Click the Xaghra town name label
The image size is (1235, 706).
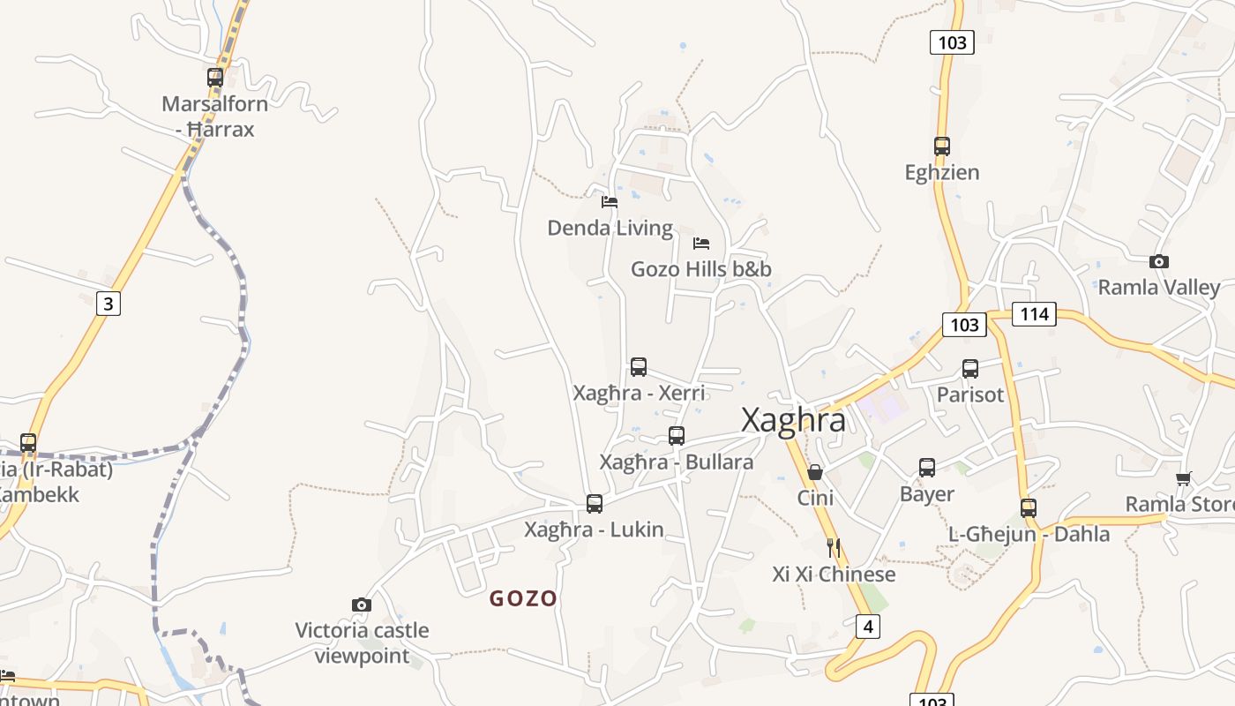(x=793, y=420)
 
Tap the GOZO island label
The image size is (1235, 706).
(x=523, y=598)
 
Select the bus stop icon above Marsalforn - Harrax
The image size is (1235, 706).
(x=215, y=77)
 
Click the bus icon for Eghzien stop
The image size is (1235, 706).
(x=942, y=146)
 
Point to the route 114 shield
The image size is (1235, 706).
(x=1033, y=313)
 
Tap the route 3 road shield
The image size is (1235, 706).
(x=108, y=304)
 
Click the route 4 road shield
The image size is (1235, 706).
(x=868, y=627)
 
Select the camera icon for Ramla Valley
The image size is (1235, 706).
(x=1159, y=261)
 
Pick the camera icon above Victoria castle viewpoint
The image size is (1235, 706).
(x=361, y=605)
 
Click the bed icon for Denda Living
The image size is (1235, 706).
(x=609, y=201)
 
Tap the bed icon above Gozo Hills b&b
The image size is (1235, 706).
(x=701, y=243)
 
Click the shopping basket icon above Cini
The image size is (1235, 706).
(x=815, y=472)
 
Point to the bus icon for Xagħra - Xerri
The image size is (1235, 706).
(x=639, y=366)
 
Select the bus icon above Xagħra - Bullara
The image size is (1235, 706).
(x=677, y=435)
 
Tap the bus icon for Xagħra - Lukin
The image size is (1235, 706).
(x=595, y=503)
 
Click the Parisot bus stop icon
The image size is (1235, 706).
(x=970, y=368)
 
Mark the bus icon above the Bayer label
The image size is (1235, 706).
(x=927, y=467)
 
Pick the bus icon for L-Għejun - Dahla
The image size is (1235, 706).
(x=1029, y=507)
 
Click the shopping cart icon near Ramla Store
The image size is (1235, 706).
(x=1183, y=478)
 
